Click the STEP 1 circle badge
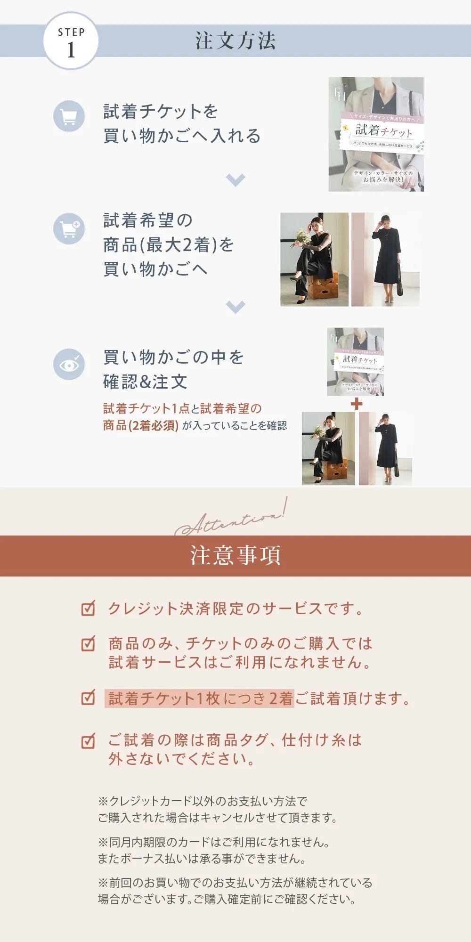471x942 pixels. [x=71, y=41]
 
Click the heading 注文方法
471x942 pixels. [x=235, y=41]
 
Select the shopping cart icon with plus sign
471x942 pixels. [x=69, y=228]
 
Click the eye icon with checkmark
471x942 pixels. [x=69, y=364]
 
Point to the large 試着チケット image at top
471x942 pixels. [x=376, y=134]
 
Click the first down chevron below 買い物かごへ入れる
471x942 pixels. [x=235, y=179]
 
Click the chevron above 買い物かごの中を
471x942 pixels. [x=235, y=307]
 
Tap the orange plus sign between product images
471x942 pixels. [x=357, y=404]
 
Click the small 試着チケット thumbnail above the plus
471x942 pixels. [x=355, y=361]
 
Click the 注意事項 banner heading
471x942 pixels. [x=235, y=556]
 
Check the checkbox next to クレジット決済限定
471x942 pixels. [x=88, y=608]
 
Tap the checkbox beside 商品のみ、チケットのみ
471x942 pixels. [x=88, y=643]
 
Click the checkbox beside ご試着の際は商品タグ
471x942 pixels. [x=88, y=740]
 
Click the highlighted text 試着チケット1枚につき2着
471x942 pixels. [x=200, y=698]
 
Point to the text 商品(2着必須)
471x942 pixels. [x=140, y=425]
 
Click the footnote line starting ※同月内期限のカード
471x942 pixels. [x=214, y=842]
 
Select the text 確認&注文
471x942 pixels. [x=145, y=382]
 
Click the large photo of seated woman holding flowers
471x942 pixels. [x=314, y=260]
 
